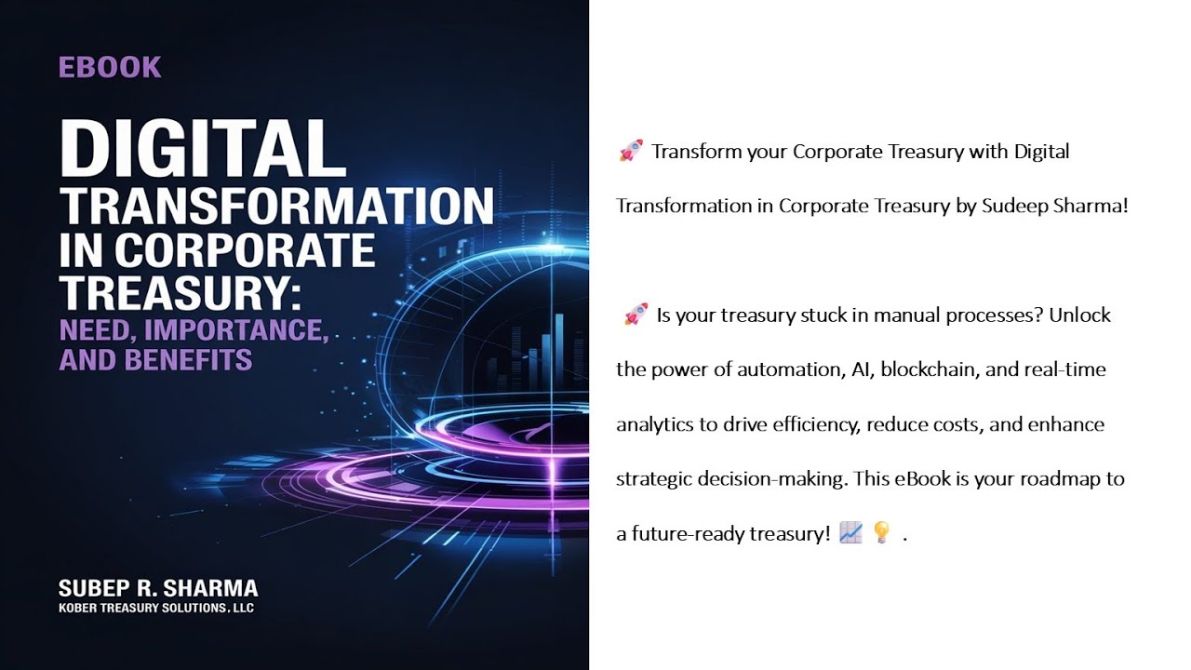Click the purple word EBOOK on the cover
click(110, 67)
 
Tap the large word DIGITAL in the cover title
click(203, 149)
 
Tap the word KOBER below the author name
click(79, 608)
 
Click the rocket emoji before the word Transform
click(631, 151)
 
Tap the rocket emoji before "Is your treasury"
click(636, 315)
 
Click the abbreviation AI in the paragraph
click(861, 369)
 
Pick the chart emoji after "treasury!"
click(850, 533)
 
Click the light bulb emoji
click(881, 533)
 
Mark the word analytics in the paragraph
click(654, 424)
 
